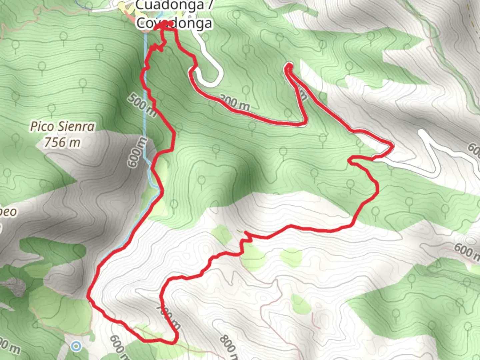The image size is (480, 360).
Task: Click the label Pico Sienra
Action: point(63,127)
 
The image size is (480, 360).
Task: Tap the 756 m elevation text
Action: point(62,142)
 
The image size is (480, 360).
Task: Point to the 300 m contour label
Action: point(235,103)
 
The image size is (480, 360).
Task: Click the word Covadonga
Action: point(174,23)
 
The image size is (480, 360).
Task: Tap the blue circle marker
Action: point(77,346)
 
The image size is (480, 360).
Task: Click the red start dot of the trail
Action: point(170,23)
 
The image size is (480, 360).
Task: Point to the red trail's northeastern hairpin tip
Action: point(289,66)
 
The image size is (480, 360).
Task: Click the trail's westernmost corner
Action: point(88,295)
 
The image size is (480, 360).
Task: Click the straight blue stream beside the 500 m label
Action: point(145,83)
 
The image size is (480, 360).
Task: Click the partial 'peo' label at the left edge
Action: point(8,211)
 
